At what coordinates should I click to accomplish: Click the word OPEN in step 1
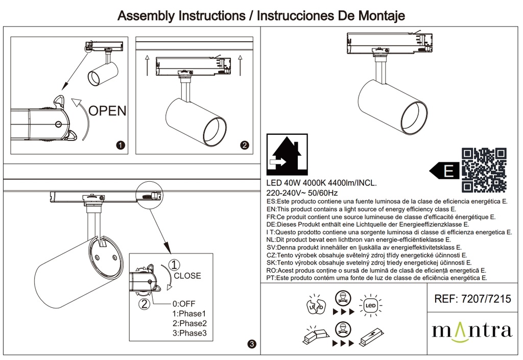tap(107, 110)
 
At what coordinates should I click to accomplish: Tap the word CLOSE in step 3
tap(187, 276)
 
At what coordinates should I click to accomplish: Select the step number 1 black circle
tap(121, 146)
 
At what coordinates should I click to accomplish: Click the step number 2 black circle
tap(245, 146)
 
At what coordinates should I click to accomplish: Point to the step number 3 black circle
tap(251, 346)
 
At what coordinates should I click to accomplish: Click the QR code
tap(484, 170)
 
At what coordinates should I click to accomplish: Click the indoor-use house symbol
tap(288, 153)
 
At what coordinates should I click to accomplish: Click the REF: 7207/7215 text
tap(471, 300)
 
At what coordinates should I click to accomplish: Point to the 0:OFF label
tap(184, 303)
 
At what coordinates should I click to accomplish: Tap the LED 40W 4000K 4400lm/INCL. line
tap(322, 184)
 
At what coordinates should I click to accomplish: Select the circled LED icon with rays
tap(369, 305)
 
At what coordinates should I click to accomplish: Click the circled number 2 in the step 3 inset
tap(145, 304)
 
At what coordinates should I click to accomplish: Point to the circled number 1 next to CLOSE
tap(175, 265)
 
